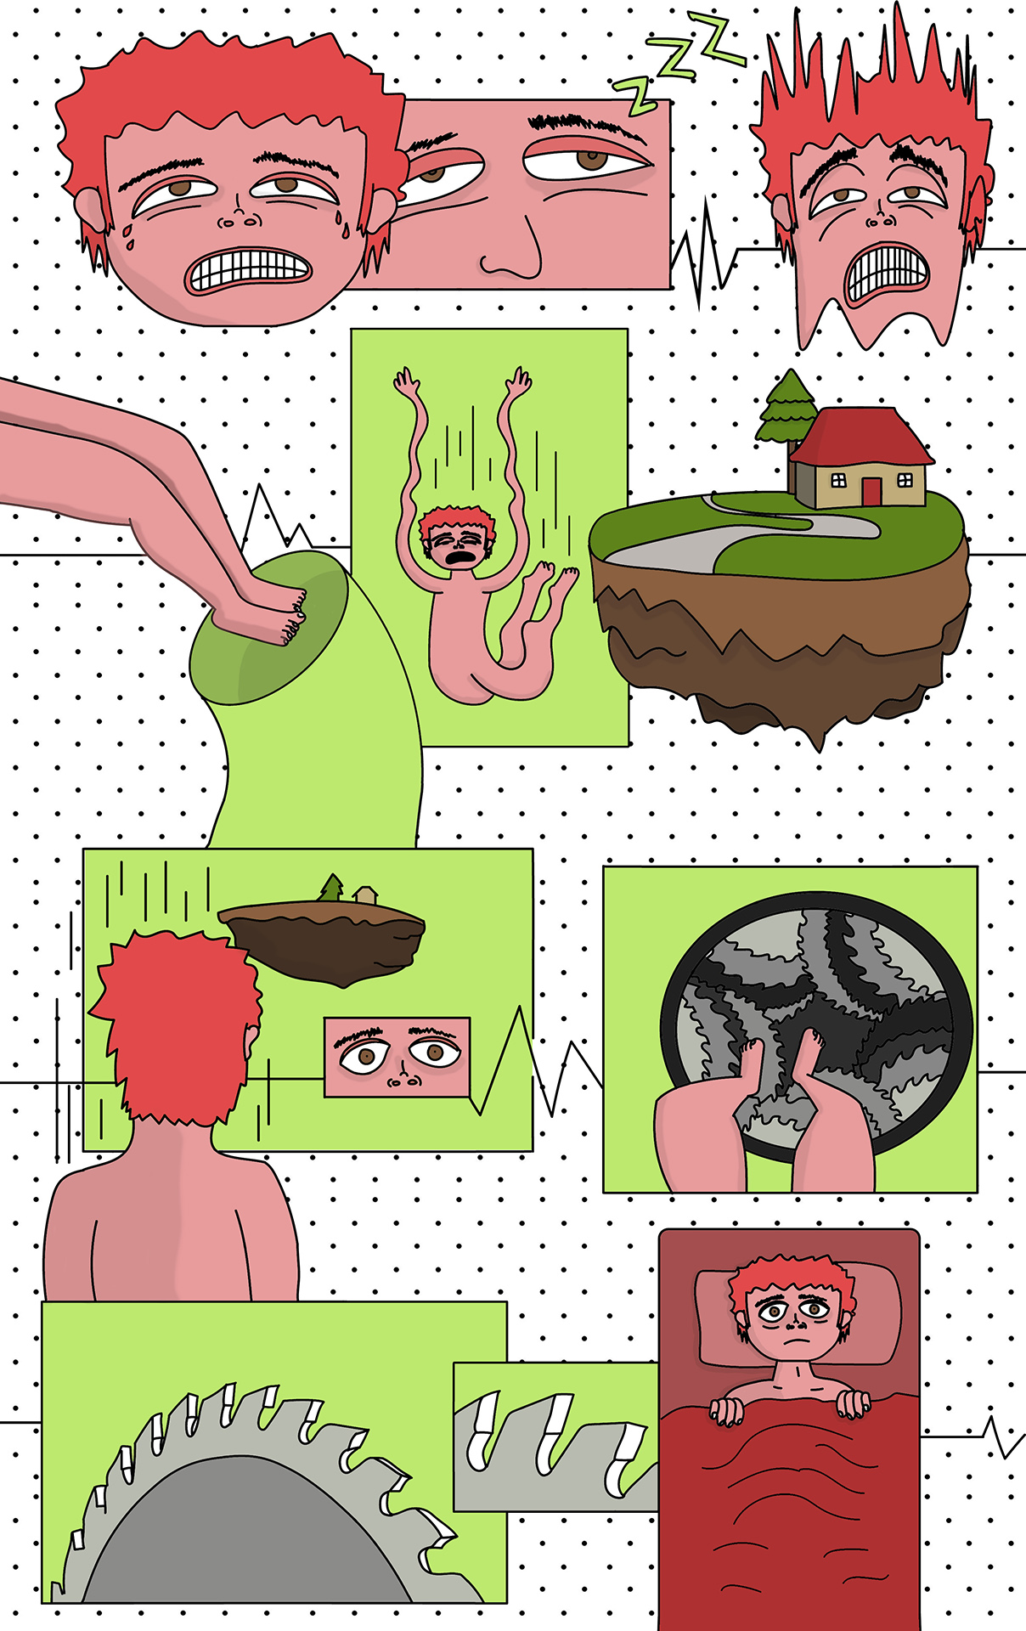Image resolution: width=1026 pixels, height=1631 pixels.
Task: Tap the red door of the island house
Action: coord(871,491)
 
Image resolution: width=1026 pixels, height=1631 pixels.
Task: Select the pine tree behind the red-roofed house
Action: coord(786,408)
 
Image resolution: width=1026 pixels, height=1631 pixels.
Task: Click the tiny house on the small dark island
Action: coord(366,895)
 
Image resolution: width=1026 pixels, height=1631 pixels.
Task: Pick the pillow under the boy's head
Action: coord(798,1318)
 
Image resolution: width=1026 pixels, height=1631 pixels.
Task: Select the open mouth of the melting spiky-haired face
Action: coord(888,273)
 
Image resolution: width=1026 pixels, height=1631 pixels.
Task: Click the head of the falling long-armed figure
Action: coord(456,537)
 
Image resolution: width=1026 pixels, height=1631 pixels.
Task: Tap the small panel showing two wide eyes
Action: coord(397,1056)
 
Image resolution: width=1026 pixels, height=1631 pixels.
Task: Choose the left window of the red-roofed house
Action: coord(838,480)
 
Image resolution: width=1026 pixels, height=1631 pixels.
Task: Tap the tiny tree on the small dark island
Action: coord(332,888)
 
